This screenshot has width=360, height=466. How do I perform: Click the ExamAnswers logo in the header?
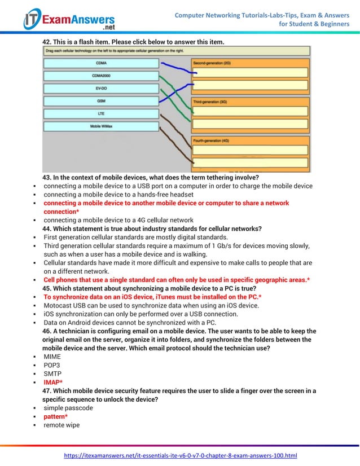[x=69, y=20]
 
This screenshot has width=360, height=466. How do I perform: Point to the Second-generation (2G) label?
[x=212, y=63]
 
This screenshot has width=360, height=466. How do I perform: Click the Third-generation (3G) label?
[x=210, y=102]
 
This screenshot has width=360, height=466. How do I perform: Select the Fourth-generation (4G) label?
[x=211, y=140]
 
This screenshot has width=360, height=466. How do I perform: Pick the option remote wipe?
[x=62, y=425]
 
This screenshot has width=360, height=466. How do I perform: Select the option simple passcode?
[x=68, y=408]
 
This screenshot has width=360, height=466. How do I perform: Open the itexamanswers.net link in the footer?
[x=180, y=455]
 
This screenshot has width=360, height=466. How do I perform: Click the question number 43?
[x=47, y=178]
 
